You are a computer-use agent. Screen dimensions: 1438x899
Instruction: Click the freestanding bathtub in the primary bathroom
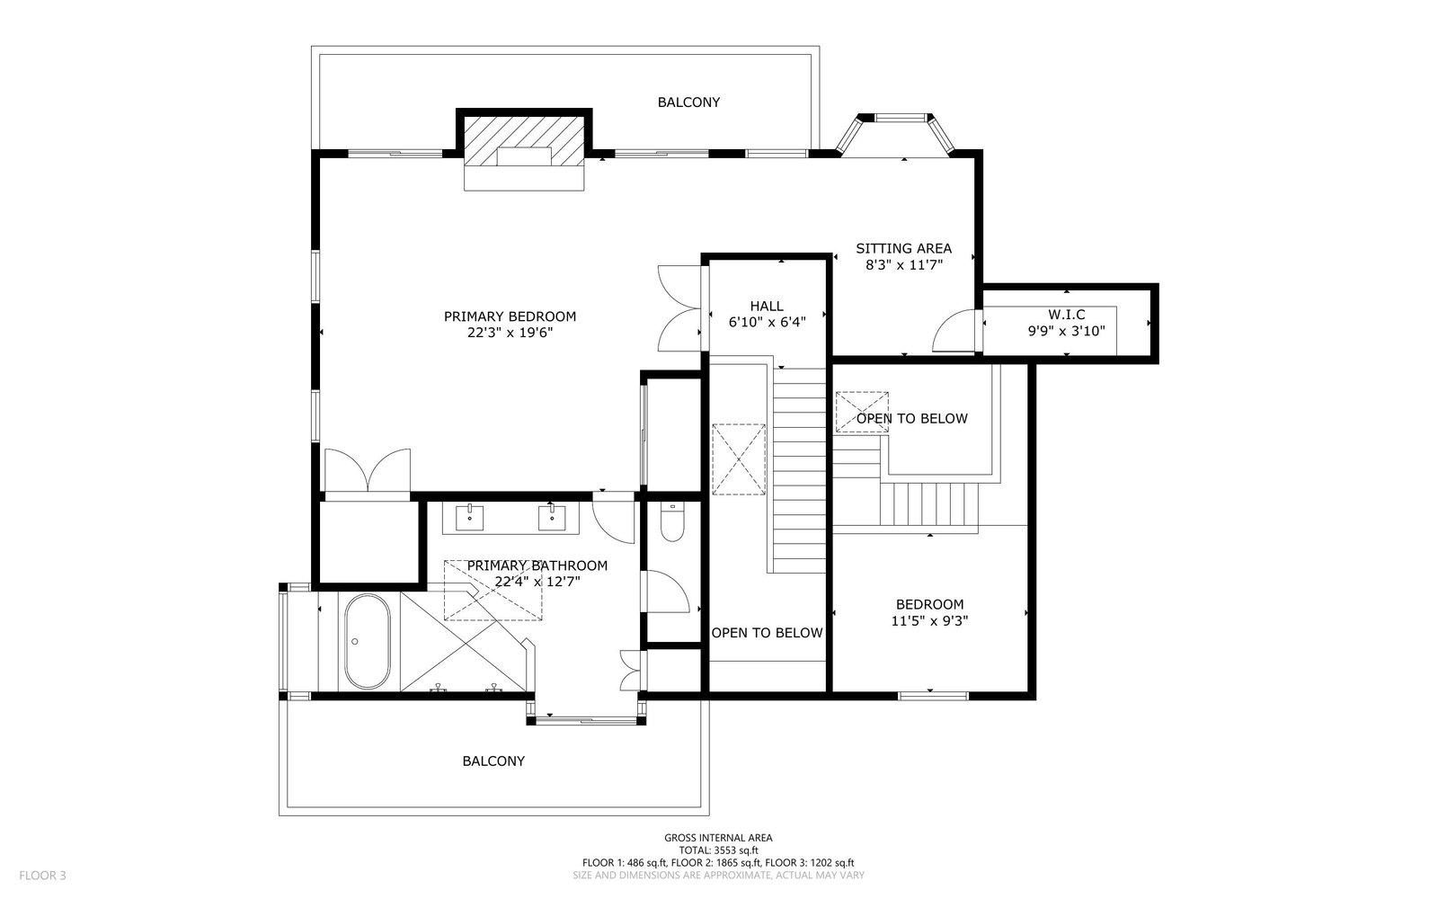coord(367,642)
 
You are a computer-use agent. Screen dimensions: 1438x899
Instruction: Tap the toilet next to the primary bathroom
coord(672,522)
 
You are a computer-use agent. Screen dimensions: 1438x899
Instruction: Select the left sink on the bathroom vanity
coord(469,517)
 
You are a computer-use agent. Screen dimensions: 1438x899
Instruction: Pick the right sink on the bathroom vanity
coord(552,517)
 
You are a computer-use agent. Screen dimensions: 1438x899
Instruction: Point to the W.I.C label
coord(1066,315)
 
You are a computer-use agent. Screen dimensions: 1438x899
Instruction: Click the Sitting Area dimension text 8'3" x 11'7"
coord(903,264)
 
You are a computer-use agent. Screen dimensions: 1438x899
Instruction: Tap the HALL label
coord(767,306)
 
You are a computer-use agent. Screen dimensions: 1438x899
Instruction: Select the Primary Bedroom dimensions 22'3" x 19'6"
coord(510,333)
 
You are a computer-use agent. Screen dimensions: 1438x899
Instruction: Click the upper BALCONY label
coord(688,102)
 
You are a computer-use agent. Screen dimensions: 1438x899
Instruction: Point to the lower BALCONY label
coord(493,761)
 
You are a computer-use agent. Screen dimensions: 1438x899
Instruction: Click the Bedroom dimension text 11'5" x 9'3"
coord(929,621)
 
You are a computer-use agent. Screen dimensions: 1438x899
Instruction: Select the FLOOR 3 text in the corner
coord(42,876)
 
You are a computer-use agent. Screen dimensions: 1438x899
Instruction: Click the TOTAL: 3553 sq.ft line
coord(718,850)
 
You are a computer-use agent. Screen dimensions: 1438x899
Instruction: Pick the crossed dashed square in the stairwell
coord(739,459)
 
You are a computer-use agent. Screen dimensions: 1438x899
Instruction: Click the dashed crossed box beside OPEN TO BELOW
coord(862,412)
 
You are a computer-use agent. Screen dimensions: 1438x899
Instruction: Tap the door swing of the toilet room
coord(668,592)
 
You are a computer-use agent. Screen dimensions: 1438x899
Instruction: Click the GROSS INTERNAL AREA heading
coord(718,837)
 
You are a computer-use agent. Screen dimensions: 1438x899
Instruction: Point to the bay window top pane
coord(902,118)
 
